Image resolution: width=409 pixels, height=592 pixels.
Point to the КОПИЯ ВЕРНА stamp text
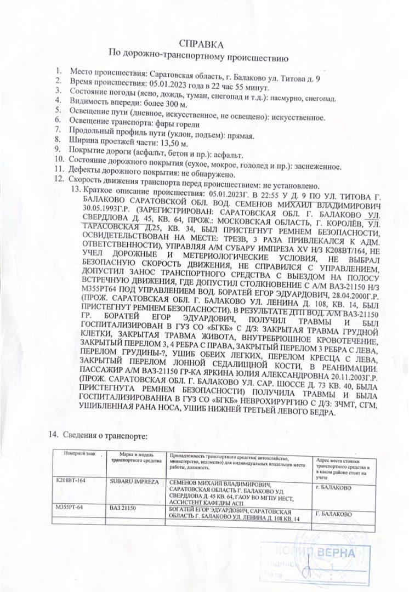point(320,553)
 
